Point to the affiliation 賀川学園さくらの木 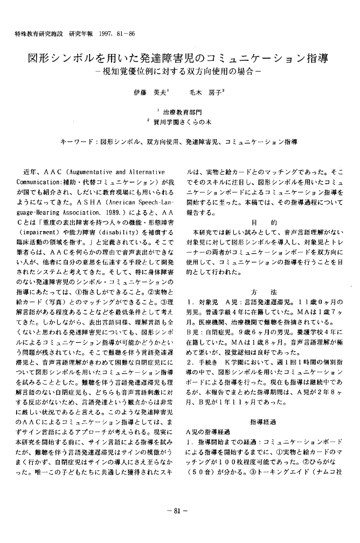tap(182, 123)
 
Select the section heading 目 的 tap(264, 222)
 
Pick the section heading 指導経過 tap(264, 422)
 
